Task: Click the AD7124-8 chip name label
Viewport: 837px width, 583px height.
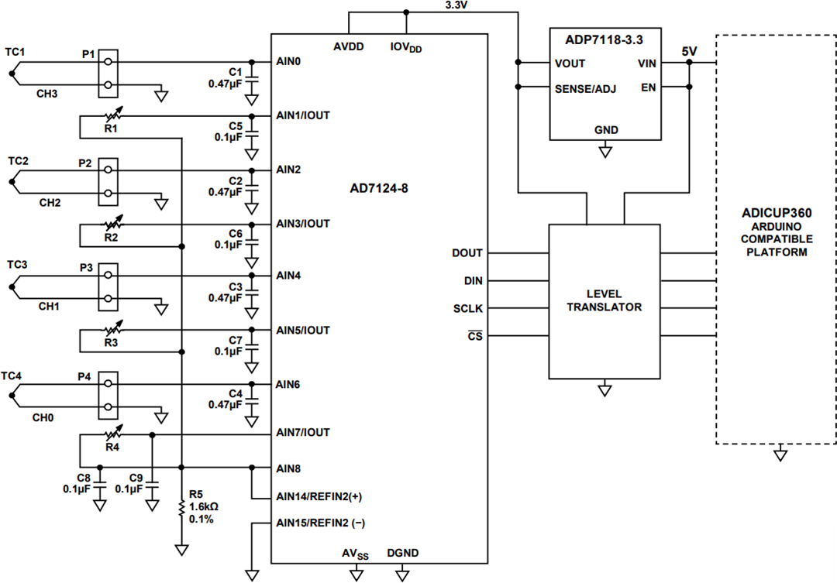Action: coord(378,188)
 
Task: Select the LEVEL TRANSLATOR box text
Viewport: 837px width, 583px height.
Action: coord(604,301)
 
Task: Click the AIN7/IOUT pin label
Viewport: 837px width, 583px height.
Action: coord(303,432)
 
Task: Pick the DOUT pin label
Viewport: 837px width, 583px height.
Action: coord(467,253)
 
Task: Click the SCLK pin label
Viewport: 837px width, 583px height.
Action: coord(468,309)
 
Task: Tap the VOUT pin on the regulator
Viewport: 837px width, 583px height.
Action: coord(570,63)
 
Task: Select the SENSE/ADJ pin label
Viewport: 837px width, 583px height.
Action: coord(585,88)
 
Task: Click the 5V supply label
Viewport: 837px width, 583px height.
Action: coord(689,51)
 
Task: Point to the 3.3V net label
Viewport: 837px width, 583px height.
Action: coord(456,5)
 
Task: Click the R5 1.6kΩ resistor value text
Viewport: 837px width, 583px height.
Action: coord(203,506)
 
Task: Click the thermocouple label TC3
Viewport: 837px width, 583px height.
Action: coord(17,265)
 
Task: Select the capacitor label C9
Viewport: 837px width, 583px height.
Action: coord(136,478)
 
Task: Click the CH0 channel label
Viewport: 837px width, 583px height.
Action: coord(43,417)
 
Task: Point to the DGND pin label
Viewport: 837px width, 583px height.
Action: coord(402,553)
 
